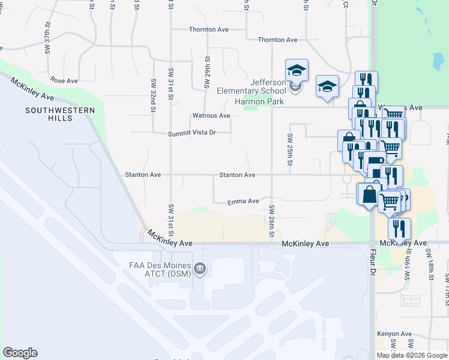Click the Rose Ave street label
coord(64,80)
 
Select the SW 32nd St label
coord(154,95)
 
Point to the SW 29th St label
coord(206,73)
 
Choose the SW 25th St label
coord(290,149)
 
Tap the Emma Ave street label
coord(243,202)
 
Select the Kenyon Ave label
coord(394,334)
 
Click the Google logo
coord(20,353)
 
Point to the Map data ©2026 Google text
coord(412,355)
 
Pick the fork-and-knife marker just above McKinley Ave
coord(399,228)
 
